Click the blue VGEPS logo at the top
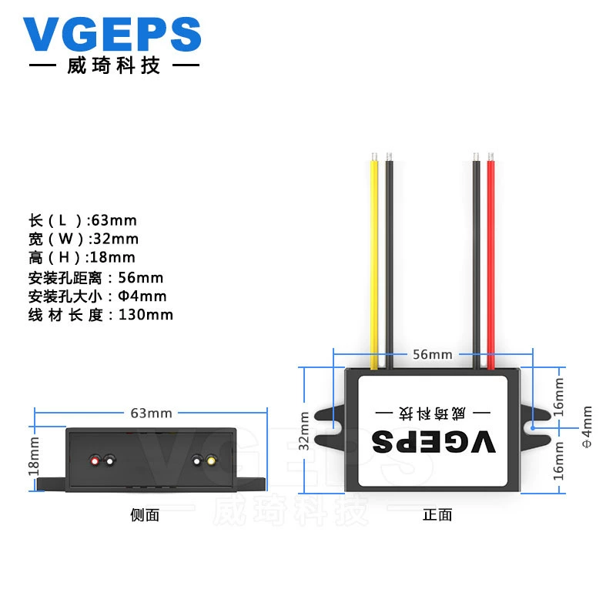click(x=112, y=34)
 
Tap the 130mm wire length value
click(x=146, y=315)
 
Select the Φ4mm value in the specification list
click(x=142, y=296)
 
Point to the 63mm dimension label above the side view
click(x=151, y=413)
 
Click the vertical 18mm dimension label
click(x=34, y=456)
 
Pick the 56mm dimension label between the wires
click(x=433, y=354)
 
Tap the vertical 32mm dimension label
click(x=304, y=430)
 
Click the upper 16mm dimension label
click(x=558, y=397)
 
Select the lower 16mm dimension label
click(x=558, y=460)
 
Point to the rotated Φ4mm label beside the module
click(x=586, y=427)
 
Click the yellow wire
click(x=374, y=261)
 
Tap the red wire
click(x=490, y=261)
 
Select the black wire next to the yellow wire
click(x=389, y=261)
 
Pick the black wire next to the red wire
click(x=476, y=261)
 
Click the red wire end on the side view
click(x=95, y=460)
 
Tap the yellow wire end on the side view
click(x=211, y=460)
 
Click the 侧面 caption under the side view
click(x=145, y=515)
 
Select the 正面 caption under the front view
click(x=437, y=515)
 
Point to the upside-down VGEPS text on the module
click(x=434, y=441)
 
